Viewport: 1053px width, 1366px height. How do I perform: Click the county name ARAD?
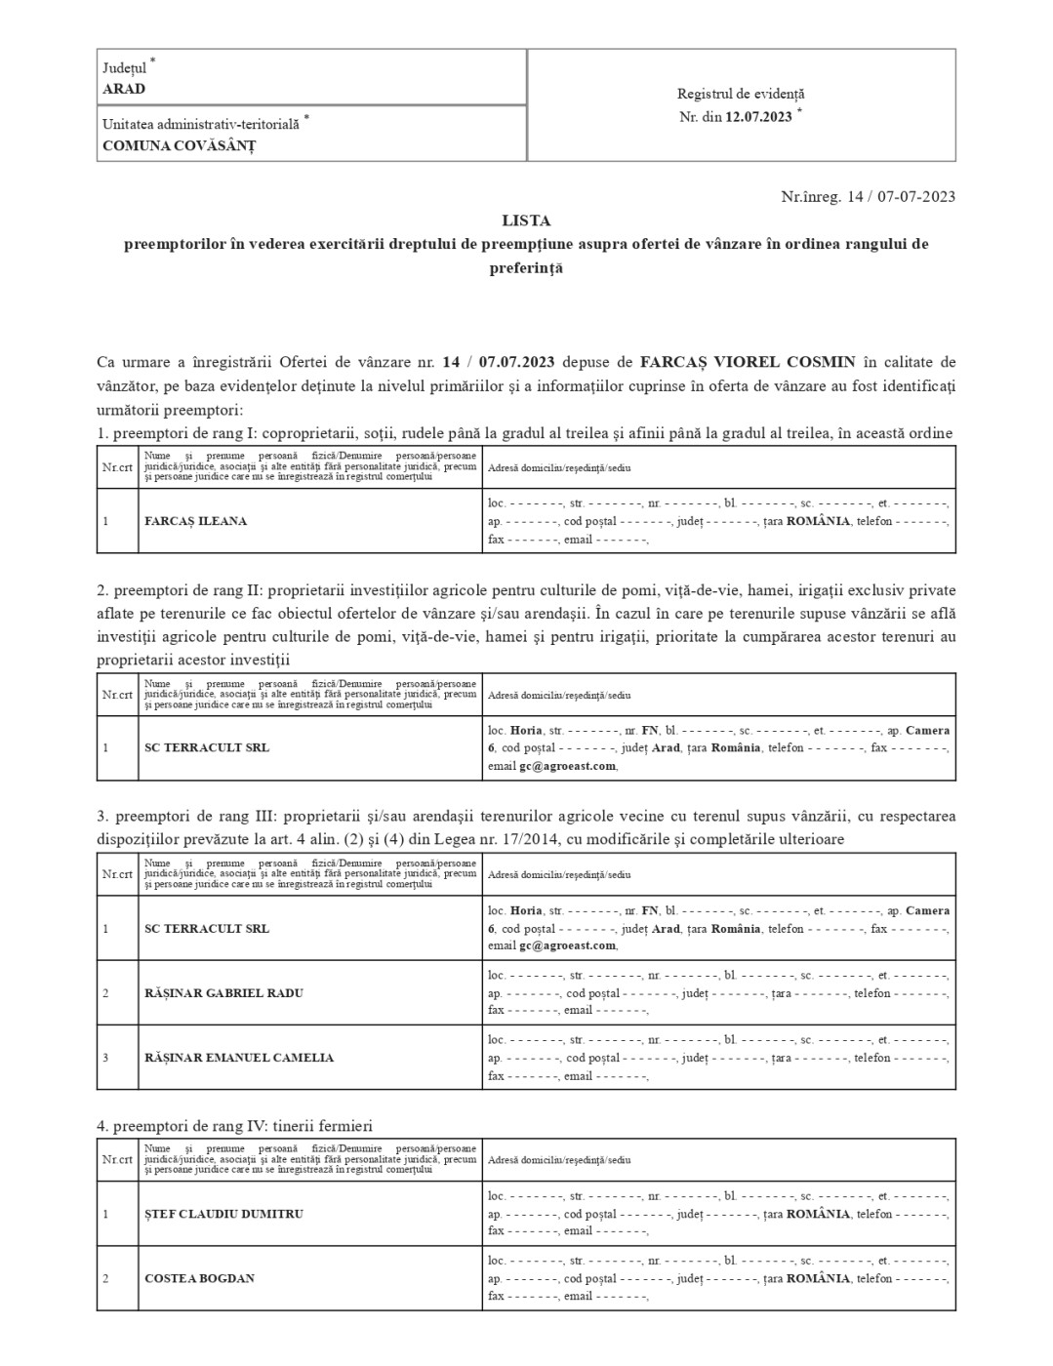[x=124, y=89]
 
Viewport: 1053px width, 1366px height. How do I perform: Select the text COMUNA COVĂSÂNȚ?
[x=179, y=146]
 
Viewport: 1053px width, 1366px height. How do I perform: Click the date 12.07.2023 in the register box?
[x=758, y=117]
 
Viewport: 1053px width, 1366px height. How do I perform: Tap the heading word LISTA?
[x=526, y=221]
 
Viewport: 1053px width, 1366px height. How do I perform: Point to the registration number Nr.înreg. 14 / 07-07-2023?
[x=868, y=196]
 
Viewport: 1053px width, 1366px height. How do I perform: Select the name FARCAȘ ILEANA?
[x=195, y=521]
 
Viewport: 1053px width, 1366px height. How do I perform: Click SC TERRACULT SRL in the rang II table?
[x=207, y=748]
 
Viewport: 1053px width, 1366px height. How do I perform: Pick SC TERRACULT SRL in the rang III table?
[x=207, y=929]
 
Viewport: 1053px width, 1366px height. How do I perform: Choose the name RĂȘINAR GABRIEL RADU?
[x=223, y=993]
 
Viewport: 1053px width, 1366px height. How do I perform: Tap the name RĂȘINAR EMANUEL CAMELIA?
[x=239, y=1058]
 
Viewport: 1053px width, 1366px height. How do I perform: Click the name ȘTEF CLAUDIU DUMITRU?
[x=223, y=1214]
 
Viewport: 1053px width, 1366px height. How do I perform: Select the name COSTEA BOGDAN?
[x=199, y=1278]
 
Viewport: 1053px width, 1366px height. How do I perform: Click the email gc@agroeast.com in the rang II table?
[x=567, y=766]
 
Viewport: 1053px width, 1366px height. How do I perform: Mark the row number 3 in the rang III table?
[x=105, y=1058]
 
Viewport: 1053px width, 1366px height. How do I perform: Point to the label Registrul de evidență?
[x=741, y=94]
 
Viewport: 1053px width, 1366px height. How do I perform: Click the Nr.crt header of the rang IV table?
[x=117, y=1160]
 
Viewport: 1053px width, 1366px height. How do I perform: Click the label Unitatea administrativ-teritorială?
[x=201, y=125]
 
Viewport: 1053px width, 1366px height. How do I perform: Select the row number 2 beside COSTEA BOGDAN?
[x=105, y=1278]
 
